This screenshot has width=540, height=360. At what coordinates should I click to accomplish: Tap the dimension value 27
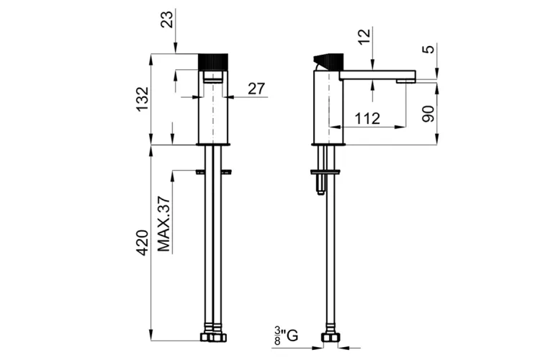point(256,89)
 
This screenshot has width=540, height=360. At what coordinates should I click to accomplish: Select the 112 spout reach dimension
point(367,119)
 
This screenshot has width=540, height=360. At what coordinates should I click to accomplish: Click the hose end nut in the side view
point(330,338)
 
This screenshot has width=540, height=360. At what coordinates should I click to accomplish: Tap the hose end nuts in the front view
point(213,337)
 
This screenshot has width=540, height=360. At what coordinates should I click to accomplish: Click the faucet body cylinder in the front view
point(213,108)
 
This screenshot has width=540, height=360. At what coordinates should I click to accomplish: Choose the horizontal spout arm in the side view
point(377,74)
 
